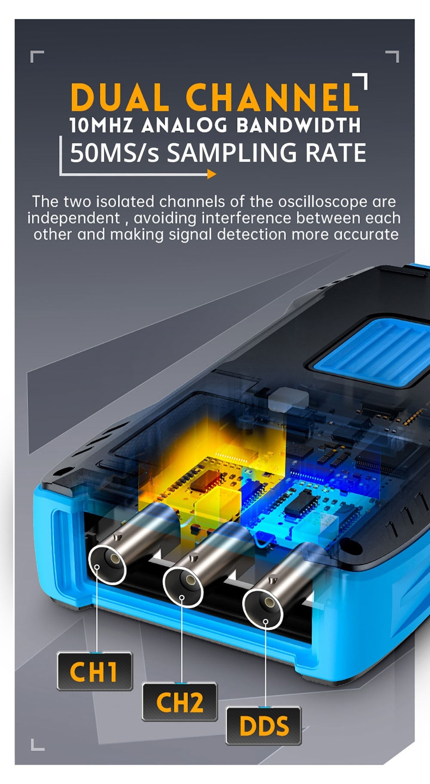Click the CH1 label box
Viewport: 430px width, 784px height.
[x=94, y=671]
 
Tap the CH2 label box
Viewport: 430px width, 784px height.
[x=179, y=702]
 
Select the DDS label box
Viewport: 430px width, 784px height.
[x=264, y=726]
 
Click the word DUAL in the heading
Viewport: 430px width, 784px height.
[x=120, y=97]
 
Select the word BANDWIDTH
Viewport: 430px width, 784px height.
[x=298, y=125]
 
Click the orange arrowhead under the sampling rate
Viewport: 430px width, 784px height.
[x=211, y=174]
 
